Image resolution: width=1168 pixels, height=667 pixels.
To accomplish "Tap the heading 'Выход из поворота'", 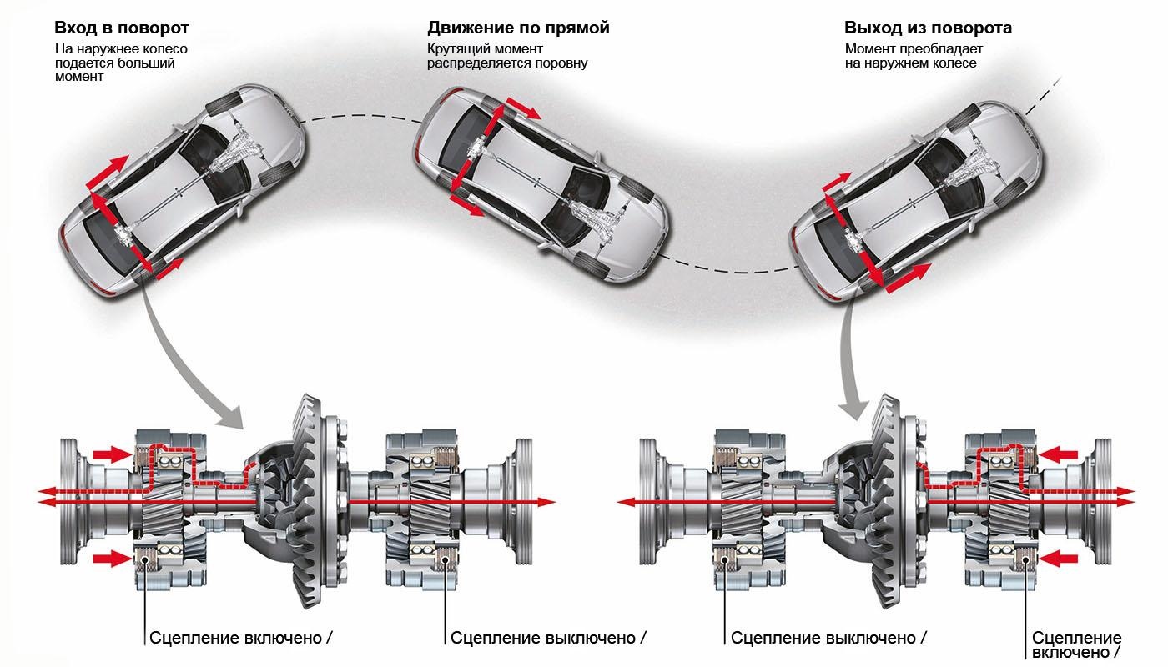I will tap(928, 28).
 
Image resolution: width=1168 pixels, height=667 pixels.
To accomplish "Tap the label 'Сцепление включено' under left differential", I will tap(236, 638).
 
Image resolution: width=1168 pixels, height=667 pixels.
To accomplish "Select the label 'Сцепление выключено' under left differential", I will tap(543, 638).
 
